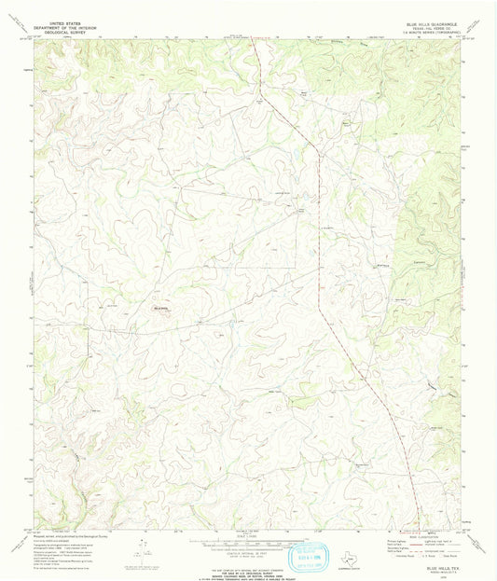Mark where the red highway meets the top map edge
pos(255,39)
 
